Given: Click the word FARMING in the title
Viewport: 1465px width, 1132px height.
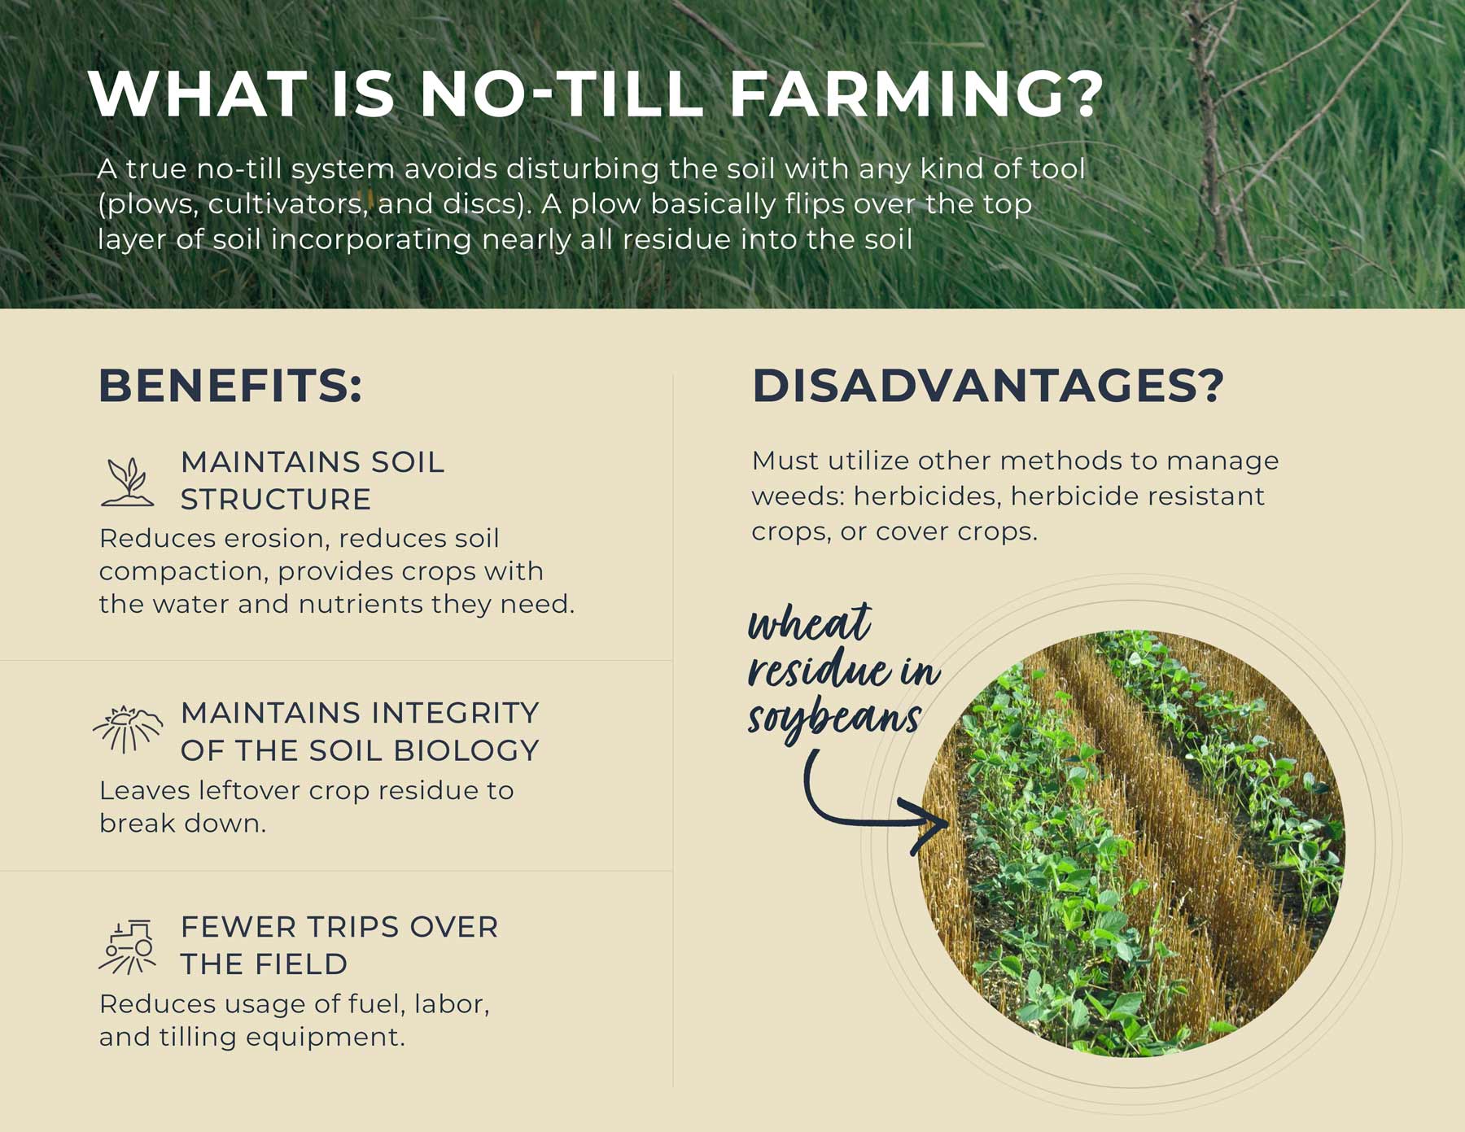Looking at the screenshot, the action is (x=916, y=94).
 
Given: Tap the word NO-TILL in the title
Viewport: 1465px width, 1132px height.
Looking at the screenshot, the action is (x=561, y=94).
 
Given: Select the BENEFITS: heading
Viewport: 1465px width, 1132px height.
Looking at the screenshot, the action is (x=230, y=385).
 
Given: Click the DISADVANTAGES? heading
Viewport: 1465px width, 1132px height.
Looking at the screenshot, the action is (x=988, y=385).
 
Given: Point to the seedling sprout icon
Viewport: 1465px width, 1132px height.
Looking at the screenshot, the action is (x=128, y=482).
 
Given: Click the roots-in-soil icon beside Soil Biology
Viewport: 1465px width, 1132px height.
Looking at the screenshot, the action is (x=128, y=728).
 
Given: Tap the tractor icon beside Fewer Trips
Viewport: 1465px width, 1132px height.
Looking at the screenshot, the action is (x=128, y=946).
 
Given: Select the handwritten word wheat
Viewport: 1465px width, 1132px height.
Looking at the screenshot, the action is (x=810, y=625).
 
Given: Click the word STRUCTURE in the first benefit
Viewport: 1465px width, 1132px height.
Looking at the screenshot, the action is (x=276, y=499).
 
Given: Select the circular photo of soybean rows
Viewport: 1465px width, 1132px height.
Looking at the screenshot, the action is (x=1132, y=843).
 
